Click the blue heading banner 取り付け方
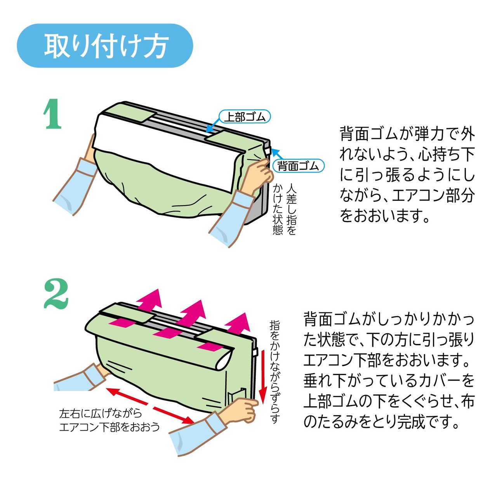(105, 46)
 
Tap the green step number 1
(52, 114)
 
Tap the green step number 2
(56, 294)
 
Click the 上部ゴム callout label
(245, 117)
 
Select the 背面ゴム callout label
(299, 166)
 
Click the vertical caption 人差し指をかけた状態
(285, 209)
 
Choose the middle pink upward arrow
(180, 321)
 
